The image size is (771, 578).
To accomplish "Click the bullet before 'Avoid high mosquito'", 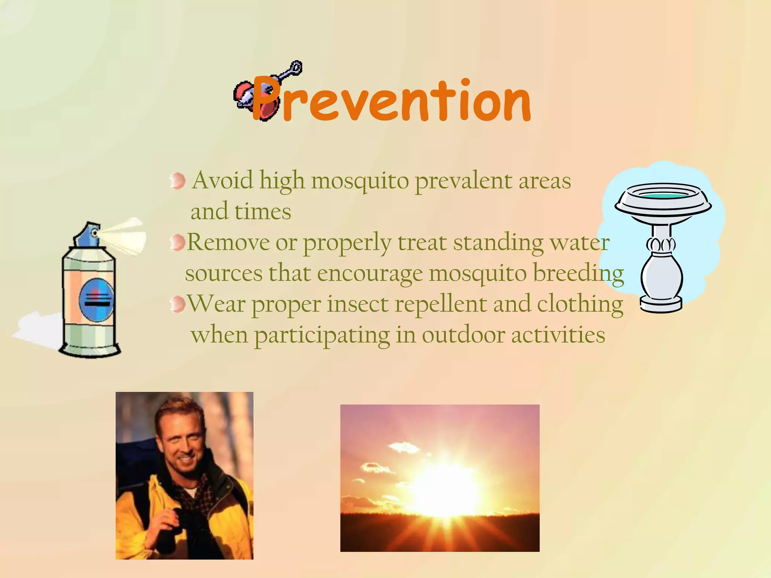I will tap(177, 181).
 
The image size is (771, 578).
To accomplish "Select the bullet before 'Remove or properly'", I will tap(177, 242).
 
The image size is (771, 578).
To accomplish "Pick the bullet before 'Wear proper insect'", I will tap(177, 304).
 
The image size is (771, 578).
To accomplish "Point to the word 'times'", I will tap(262, 211).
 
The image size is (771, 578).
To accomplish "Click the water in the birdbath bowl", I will tap(663, 196).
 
